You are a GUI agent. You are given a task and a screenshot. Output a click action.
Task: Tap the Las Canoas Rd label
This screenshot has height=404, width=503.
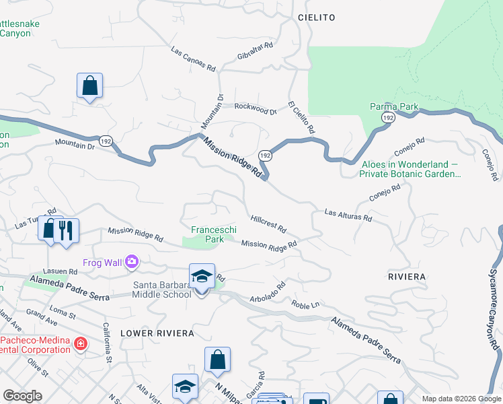(x=193, y=59)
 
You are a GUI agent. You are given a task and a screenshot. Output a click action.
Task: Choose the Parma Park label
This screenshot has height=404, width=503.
(x=394, y=106)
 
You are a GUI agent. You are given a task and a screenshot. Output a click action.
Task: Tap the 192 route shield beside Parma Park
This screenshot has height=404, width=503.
(x=387, y=117)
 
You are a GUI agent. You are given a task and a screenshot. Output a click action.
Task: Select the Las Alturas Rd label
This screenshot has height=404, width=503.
(x=348, y=215)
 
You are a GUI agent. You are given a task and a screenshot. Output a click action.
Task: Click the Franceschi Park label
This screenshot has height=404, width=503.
(x=215, y=234)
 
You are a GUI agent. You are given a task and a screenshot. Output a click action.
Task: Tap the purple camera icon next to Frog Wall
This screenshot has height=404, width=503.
(x=132, y=261)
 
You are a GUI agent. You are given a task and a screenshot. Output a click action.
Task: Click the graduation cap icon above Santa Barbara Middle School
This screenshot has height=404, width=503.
(x=202, y=276)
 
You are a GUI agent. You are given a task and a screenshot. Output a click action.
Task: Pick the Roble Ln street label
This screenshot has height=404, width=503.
(x=305, y=304)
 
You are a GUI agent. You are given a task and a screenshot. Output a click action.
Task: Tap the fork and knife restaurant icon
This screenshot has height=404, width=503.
(x=66, y=231)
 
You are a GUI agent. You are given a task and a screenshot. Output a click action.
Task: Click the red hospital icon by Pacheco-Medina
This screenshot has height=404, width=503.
(x=81, y=344)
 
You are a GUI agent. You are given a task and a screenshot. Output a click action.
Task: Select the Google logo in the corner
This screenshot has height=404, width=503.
(x=22, y=396)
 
